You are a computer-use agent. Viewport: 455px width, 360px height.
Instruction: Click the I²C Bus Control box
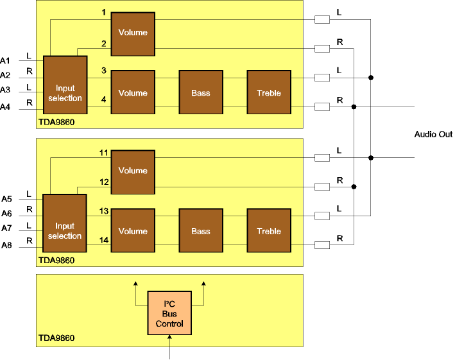(x=169, y=313)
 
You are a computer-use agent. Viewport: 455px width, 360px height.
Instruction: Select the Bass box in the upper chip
(x=201, y=93)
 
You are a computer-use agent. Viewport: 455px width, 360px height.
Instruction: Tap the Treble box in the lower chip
(x=269, y=231)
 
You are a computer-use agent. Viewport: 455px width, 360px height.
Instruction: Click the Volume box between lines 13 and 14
(x=133, y=231)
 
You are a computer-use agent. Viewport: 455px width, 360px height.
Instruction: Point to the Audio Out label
(x=433, y=135)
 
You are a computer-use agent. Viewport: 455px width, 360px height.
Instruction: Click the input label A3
(x=6, y=90)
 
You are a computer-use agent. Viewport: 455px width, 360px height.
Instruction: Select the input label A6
(x=6, y=213)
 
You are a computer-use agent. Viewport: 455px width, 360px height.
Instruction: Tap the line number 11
(x=103, y=153)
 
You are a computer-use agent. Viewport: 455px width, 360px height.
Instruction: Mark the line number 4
(x=103, y=99)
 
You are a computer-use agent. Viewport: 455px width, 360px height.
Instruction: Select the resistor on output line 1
(x=322, y=20)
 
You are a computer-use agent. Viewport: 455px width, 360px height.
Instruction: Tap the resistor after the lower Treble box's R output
(x=322, y=244)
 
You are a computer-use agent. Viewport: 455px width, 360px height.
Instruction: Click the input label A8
(x=6, y=245)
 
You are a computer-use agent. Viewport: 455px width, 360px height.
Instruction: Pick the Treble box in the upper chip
(x=269, y=93)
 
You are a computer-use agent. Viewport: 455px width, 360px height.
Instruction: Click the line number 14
(x=103, y=239)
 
